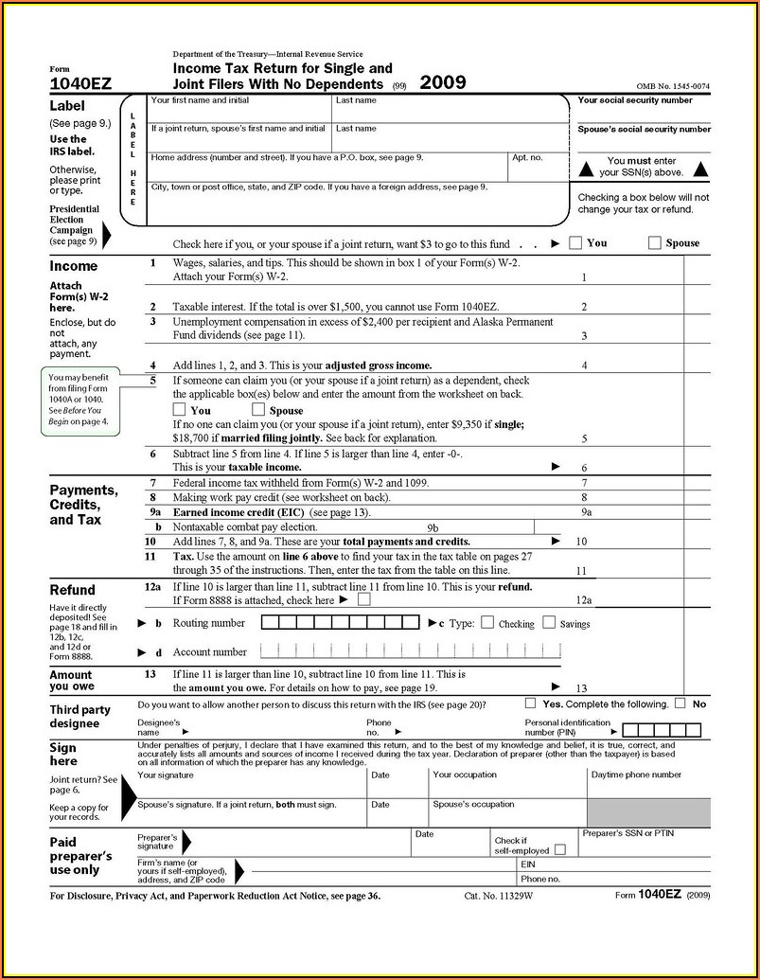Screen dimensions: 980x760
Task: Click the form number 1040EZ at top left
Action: [80, 85]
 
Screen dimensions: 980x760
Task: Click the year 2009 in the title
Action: [443, 82]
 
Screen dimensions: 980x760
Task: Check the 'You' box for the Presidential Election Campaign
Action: [575, 242]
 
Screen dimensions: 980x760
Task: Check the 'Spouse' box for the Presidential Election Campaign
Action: [655, 242]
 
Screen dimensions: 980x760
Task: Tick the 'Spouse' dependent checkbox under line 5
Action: [258, 410]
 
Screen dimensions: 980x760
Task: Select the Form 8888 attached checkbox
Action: [364, 599]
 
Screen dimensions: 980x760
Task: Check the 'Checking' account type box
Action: [487, 623]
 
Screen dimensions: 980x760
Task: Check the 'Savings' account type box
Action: [549, 623]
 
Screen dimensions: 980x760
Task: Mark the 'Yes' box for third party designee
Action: [530, 704]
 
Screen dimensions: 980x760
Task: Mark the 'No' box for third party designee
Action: [680, 704]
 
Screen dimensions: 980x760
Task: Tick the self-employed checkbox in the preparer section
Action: [560, 849]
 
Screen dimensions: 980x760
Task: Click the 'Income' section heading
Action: [73, 266]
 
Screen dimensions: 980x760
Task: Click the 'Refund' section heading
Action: [72, 589]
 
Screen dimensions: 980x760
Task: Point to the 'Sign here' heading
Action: [63, 754]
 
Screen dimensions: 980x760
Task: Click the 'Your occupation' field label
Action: [464, 775]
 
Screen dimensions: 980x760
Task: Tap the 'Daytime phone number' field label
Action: [636, 775]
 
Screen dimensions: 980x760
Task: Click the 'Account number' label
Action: [209, 651]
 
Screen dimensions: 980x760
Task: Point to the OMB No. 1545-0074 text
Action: [673, 87]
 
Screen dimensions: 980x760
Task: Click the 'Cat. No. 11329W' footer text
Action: [498, 895]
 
